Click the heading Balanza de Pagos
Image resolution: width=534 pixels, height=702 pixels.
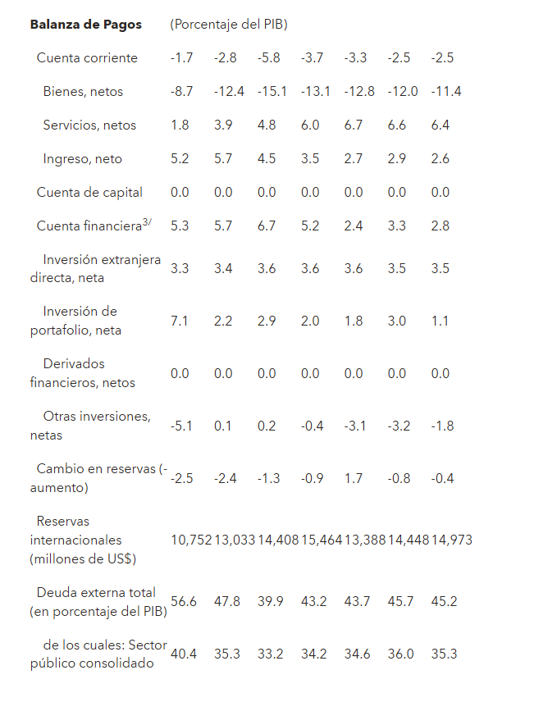click(85, 25)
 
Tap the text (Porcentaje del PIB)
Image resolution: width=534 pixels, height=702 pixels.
click(229, 25)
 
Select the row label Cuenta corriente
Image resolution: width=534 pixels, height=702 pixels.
click(87, 58)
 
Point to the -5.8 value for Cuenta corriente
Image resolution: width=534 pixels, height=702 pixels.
click(267, 58)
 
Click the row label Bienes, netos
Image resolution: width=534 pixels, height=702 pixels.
click(83, 92)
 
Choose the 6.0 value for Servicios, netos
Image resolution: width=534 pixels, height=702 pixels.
click(309, 125)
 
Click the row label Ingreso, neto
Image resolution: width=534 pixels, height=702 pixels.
click(83, 159)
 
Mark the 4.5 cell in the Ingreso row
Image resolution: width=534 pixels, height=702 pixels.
click(267, 159)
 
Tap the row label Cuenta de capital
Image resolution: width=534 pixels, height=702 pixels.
click(89, 193)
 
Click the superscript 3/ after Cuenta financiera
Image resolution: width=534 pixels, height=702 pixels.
click(148, 222)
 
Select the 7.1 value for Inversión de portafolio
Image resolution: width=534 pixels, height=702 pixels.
click(180, 321)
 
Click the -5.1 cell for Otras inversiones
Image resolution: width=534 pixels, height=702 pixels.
click(181, 426)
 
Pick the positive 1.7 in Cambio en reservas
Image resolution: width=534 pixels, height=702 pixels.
click(354, 478)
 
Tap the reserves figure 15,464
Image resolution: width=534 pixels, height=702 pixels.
click(322, 540)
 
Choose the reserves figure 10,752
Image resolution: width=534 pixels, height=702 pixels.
click(191, 540)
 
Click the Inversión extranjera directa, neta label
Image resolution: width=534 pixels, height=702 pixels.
click(95, 269)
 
